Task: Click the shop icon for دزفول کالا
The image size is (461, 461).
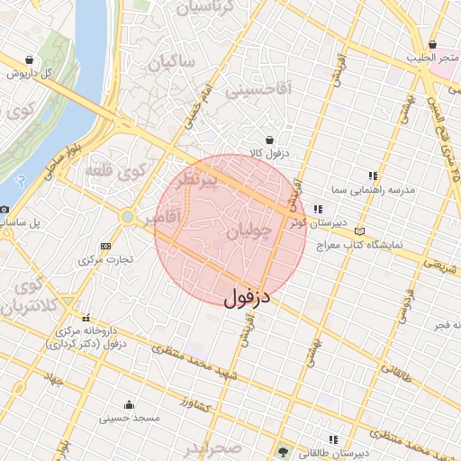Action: point(270,140)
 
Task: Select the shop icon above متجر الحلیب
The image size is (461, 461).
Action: point(433,43)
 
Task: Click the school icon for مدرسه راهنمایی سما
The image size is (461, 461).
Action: point(374,176)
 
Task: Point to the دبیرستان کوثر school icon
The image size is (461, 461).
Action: point(317,209)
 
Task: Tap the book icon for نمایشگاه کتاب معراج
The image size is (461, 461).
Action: point(360,230)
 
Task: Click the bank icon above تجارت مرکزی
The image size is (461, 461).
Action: point(106,246)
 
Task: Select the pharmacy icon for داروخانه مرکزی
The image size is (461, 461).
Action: point(87,317)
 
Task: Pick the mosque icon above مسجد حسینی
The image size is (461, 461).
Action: point(129,404)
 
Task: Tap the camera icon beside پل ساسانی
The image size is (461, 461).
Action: point(5,208)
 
